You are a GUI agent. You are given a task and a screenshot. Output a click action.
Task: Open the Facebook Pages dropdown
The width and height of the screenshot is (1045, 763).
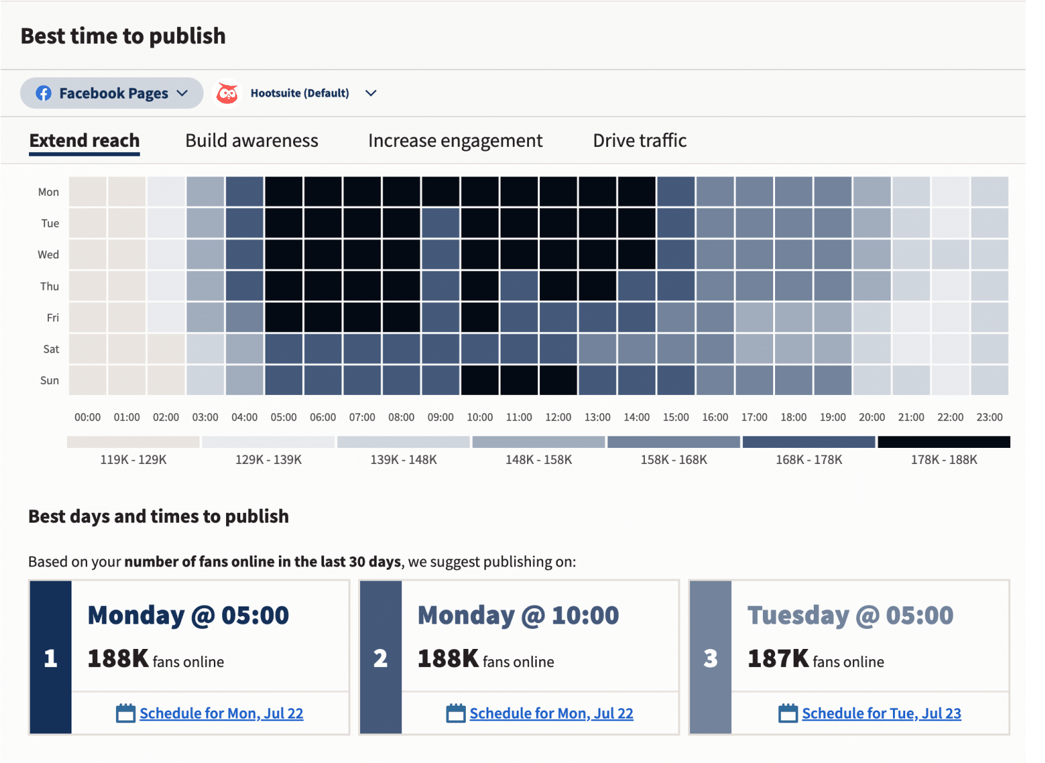(112, 93)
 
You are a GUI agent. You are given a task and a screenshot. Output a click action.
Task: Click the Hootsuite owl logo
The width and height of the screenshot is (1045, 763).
(227, 93)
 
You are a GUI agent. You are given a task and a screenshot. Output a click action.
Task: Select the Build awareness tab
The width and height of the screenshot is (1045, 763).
(251, 140)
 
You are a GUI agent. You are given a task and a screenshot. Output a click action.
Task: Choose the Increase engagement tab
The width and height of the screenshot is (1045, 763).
(455, 140)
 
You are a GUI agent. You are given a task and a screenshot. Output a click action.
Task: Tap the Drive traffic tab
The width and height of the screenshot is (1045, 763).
(639, 140)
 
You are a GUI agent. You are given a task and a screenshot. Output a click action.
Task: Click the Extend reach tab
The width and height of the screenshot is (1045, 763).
(84, 140)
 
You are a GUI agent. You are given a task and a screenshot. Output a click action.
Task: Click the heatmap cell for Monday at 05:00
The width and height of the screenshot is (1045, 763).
(283, 191)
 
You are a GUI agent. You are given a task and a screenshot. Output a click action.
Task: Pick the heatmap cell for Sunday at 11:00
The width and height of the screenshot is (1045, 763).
(519, 380)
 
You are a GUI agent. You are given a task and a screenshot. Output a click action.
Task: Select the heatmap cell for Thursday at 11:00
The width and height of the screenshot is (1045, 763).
(519, 286)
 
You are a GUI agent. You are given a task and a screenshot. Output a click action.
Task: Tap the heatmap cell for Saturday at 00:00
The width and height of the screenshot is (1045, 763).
(88, 349)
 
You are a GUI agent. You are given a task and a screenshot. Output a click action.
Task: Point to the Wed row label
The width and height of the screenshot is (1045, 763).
(48, 255)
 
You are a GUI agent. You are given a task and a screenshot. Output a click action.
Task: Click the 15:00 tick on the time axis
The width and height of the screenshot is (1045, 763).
(676, 417)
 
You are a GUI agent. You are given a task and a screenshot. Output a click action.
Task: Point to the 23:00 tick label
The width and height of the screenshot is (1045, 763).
(989, 417)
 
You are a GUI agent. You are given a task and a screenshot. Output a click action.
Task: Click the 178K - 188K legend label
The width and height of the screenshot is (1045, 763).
(944, 459)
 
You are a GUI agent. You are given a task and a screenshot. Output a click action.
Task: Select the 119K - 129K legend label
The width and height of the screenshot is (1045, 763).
(133, 459)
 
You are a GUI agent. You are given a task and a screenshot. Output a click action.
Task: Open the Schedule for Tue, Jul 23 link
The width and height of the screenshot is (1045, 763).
(881, 713)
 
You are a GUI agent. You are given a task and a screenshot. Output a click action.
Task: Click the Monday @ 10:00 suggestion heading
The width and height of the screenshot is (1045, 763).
(518, 615)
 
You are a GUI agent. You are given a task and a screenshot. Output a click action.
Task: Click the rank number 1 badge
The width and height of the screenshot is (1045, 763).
(50, 658)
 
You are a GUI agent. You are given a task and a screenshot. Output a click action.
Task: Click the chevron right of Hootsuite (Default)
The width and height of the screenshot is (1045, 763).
(370, 93)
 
